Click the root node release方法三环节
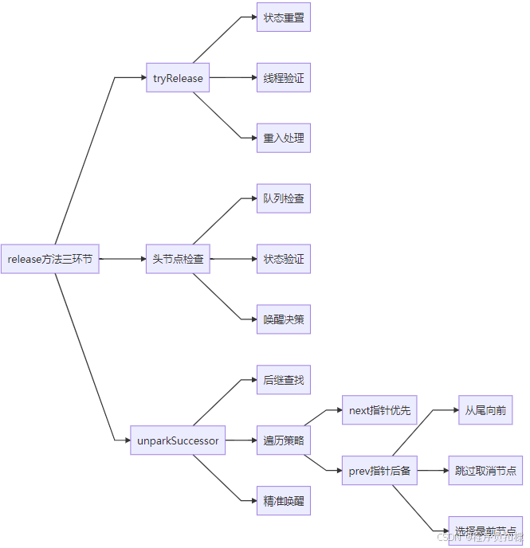(49, 259)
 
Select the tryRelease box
(178, 78)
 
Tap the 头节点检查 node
(178, 259)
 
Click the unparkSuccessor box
(178, 440)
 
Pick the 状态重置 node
(284, 17)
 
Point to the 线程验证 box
(284, 78)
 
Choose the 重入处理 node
(284, 138)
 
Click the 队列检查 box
(284, 198)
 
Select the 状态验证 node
(284, 259)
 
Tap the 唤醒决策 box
(284, 319)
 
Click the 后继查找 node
(284, 380)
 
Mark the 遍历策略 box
(284, 440)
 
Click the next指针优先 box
(379, 410)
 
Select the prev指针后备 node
(379, 471)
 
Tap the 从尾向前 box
(485, 410)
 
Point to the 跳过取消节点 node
(485, 471)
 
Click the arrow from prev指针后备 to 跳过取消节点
(433, 471)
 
